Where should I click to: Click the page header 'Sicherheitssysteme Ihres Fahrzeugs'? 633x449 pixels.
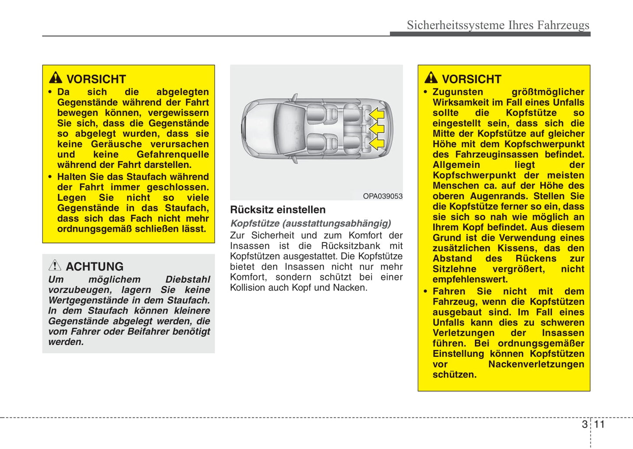coord(498,25)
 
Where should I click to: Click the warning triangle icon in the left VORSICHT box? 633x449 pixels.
coord(56,78)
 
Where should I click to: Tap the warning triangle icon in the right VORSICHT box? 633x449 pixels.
coord(431,78)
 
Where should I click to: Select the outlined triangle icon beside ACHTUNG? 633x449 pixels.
coord(55,265)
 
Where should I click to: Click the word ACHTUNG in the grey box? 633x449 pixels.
coord(95,267)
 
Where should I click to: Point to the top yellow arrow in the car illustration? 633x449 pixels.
coord(376,115)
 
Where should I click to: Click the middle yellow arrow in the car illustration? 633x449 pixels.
coord(376,129)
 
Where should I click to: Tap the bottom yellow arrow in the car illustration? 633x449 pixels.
coord(376,143)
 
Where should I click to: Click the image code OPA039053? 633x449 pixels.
coord(382,196)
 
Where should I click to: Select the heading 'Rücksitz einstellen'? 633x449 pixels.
coord(278,210)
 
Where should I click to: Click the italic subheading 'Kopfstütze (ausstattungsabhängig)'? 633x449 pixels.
coord(311,223)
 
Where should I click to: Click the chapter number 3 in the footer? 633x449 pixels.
coord(584,424)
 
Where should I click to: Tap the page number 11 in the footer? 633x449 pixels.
coord(599,424)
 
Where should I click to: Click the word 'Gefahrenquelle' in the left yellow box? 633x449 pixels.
coord(173,154)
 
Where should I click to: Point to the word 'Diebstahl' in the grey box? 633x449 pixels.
coord(187,279)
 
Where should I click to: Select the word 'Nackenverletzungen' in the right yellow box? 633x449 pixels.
coord(536,364)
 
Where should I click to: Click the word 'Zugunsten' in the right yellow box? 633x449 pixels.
coord(458,92)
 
